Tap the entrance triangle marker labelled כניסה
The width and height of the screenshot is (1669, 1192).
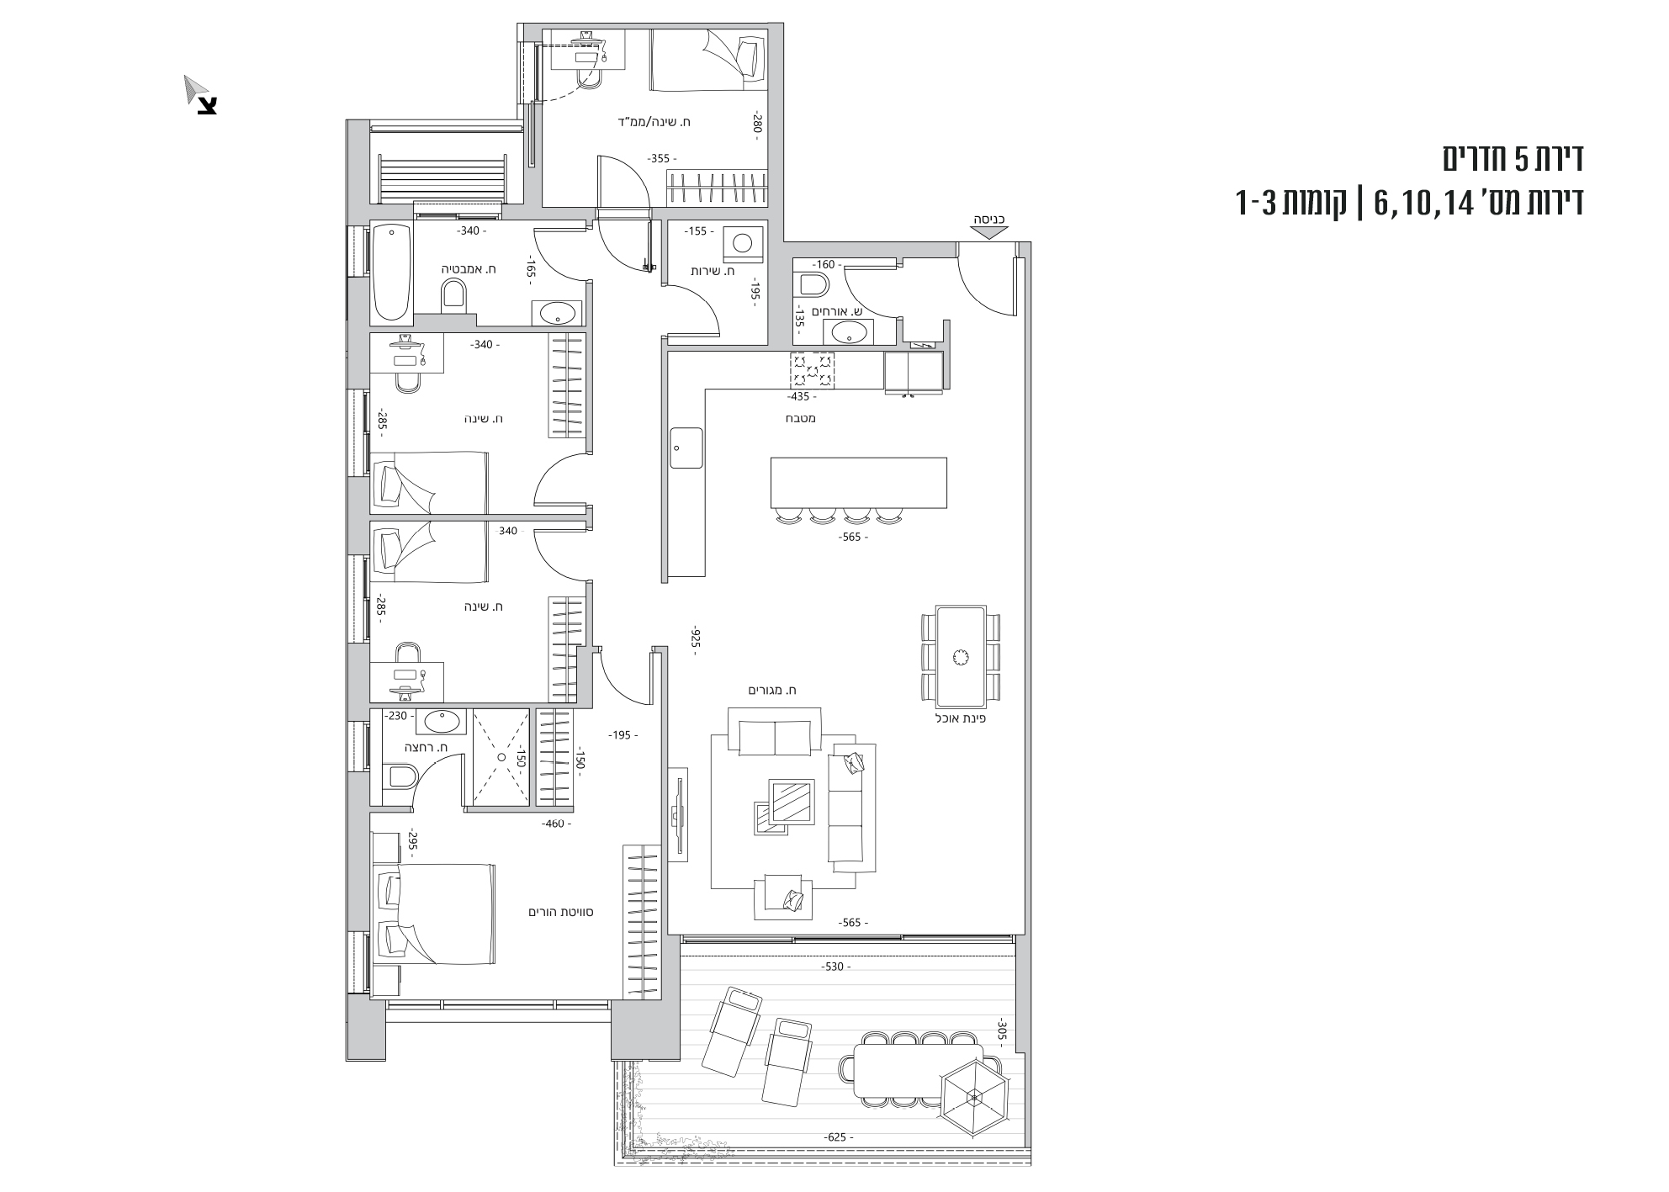click(x=988, y=233)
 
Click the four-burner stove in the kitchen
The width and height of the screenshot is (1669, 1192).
click(x=812, y=371)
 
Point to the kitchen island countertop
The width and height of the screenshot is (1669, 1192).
click(x=858, y=482)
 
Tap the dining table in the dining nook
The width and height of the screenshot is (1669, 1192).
click(x=960, y=656)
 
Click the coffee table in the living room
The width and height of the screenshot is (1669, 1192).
click(x=792, y=804)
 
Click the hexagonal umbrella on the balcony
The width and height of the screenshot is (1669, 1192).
click(x=974, y=1097)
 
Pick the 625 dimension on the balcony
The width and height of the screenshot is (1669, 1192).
click(x=836, y=1137)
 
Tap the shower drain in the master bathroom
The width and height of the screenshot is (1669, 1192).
click(x=501, y=757)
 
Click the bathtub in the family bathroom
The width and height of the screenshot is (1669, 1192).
click(x=391, y=271)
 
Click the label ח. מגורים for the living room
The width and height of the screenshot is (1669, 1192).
click(x=772, y=691)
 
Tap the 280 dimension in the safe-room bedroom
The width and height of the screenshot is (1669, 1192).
click(x=756, y=125)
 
